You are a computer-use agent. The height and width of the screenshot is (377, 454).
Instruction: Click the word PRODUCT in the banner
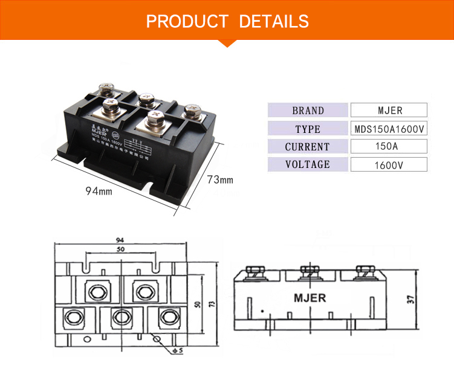click(x=187, y=22)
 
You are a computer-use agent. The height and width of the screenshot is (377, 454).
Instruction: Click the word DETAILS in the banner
click(x=274, y=22)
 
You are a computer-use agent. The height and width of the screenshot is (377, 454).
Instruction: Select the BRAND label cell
click(x=308, y=111)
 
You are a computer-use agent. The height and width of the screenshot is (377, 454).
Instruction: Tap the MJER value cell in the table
click(x=389, y=111)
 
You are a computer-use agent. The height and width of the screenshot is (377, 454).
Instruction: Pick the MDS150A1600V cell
click(x=389, y=129)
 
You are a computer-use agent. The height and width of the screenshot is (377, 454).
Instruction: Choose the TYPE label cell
click(x=308, y=129)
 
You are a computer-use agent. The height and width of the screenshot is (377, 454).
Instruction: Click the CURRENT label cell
click(x=308, y=147)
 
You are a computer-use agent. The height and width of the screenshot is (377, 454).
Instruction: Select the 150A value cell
click(x=389, y=147)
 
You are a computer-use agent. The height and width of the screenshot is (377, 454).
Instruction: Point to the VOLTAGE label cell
click(x=308, y=164)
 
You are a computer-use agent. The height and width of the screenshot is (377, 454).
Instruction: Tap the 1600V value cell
click(x=389, y=164)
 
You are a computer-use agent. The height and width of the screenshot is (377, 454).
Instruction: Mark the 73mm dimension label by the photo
click(x=220, y=180)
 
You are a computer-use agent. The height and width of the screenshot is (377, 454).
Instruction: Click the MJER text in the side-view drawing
click(x=310, y=297)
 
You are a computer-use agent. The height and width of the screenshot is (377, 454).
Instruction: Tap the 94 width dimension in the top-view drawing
click(x=121, y=240)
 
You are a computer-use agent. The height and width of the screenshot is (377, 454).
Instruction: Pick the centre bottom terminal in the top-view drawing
click(x=122, y=317)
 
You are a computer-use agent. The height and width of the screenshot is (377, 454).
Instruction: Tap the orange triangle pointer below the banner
click(x=227, y=43)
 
